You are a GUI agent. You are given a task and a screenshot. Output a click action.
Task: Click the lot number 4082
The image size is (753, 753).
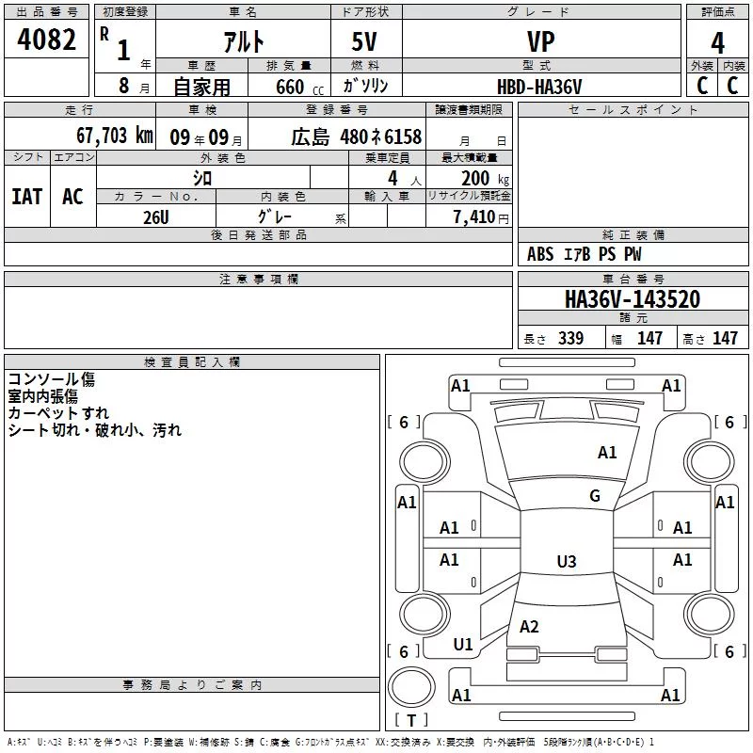46,40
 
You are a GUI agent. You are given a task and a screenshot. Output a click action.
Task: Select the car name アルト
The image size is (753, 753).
244,41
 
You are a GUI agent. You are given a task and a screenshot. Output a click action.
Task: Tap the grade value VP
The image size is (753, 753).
540,41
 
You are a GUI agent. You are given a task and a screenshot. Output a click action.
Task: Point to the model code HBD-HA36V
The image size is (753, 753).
539,87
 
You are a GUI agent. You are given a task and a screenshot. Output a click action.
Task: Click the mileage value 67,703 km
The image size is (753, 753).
115,136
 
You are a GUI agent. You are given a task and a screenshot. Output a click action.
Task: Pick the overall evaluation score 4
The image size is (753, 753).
717,43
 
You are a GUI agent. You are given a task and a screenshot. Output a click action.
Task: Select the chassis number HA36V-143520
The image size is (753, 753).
633,298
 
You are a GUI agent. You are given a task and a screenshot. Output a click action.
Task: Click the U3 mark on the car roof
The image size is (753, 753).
567,561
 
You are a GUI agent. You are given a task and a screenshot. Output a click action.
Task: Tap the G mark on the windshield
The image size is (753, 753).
595,495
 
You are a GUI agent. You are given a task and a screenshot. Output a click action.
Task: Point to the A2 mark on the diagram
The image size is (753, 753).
529,626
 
